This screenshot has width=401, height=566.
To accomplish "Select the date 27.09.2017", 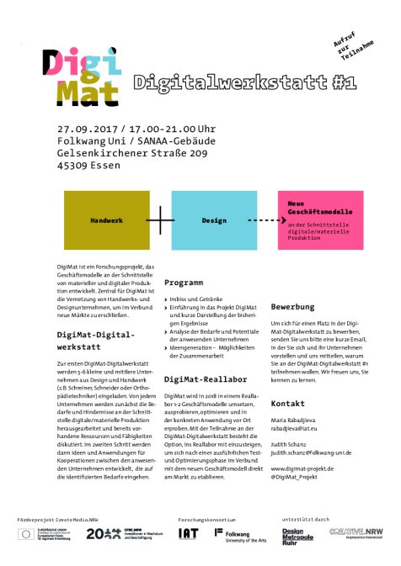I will pos(86,130).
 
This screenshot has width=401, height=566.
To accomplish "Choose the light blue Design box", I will pos(214,220).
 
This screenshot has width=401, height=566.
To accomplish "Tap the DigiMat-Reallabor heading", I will pos(204,380).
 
